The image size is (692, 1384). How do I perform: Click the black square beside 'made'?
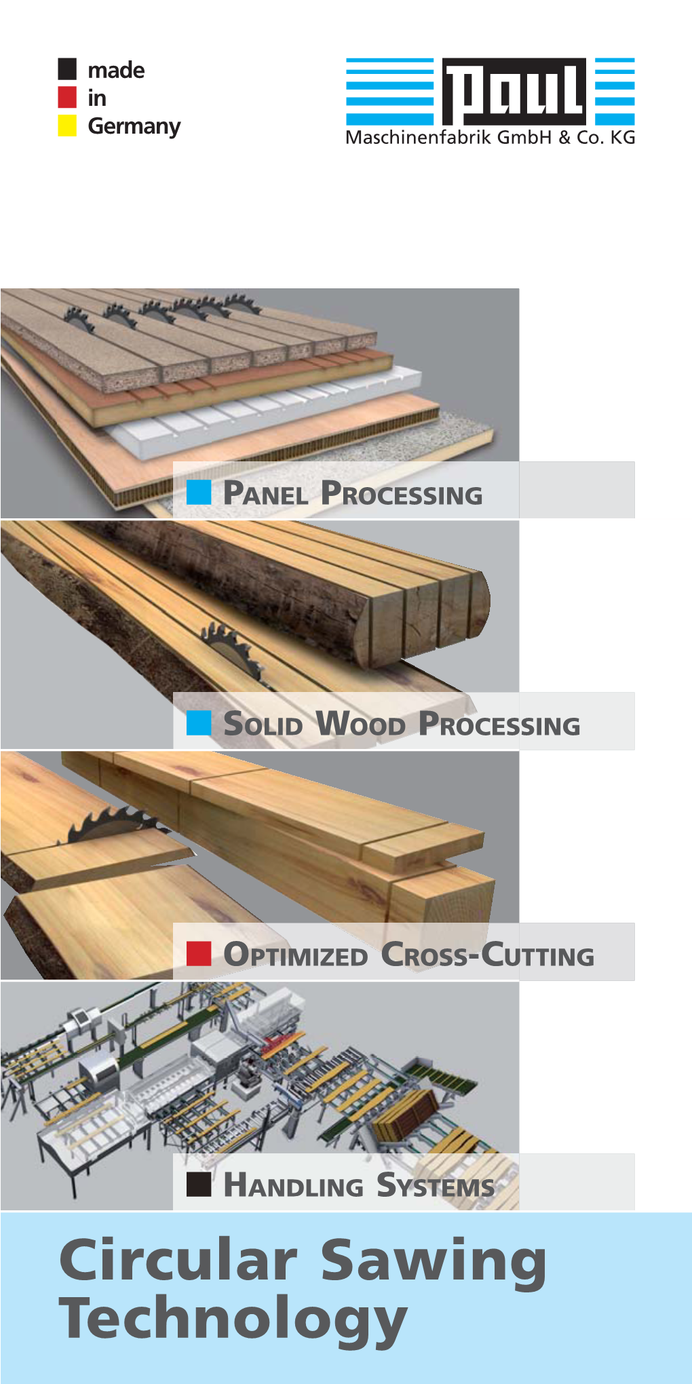[67, 69]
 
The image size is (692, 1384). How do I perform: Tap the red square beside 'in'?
[67, 97]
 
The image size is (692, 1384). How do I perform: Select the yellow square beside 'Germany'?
[67, 126]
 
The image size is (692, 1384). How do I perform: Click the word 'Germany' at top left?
[134, 127]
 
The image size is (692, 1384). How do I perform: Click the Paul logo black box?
[514, 92]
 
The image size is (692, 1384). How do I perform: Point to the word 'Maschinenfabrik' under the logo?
[419, 138]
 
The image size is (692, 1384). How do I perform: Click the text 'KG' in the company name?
[623, 138]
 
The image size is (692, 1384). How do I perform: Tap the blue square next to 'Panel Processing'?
[199, 492]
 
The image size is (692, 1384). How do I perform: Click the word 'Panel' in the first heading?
[266, 493]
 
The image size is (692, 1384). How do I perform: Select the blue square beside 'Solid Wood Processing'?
[199, 723]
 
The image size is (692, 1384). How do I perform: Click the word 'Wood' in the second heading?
[361, 724]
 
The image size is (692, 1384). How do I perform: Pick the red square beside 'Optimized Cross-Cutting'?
[199, 953]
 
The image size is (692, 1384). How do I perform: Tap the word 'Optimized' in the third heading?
[296, 955]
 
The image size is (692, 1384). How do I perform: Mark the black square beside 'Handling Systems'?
[199, 1184]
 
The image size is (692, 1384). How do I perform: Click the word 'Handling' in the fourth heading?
[293, 1185]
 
